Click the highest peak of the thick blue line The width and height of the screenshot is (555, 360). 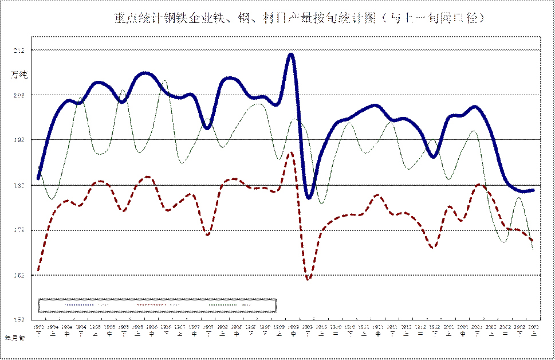(290, 54)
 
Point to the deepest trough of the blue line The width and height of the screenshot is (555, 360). (309, 198)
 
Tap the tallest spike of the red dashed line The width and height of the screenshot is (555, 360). (292, 152)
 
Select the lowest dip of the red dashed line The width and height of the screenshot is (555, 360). (309, 279)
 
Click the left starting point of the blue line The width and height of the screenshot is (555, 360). (38, 178)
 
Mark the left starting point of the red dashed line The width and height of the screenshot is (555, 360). (38, 269)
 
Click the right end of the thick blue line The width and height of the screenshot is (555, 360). (534, 190)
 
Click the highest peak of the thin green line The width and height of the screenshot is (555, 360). (164, 81)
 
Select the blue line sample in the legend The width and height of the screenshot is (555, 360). (74, 305)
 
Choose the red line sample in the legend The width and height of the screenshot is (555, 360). (155, 305)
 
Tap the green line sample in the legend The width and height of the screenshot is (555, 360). (235, 305)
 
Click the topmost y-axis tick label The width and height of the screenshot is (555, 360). (20, 50)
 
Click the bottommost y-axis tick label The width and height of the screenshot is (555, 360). (20, 319)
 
